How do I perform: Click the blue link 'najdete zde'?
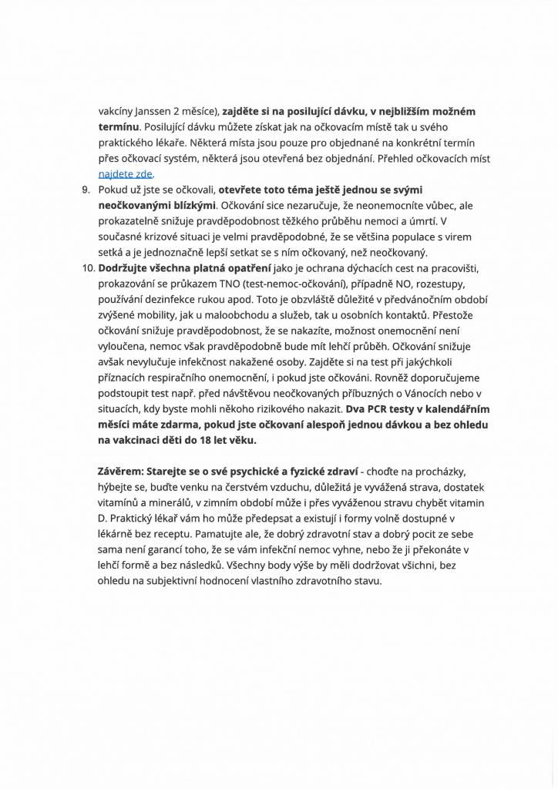[x=125, y=174]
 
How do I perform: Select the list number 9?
[x=86, y=190]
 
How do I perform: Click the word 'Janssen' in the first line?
[x=163, y=111]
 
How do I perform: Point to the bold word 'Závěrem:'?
[x=120, y=471]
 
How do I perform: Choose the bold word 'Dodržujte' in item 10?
[x=126, y=268]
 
